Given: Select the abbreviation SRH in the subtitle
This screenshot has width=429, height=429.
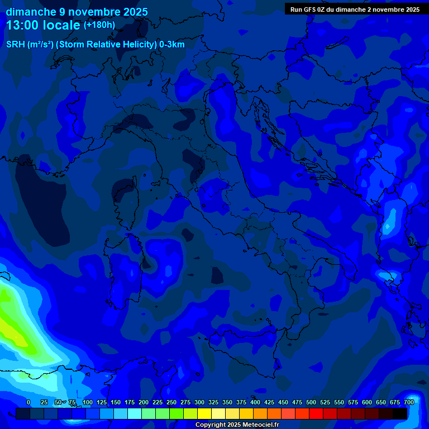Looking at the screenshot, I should [x=15, y=45].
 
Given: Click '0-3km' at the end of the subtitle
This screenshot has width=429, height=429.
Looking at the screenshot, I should [x=172, y=45].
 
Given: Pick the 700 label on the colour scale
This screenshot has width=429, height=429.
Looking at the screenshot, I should [x=409, y=402].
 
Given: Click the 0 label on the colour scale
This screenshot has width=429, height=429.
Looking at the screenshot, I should [x=28, y=402].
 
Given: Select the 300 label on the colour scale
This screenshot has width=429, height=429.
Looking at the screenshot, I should [x=199, y=402].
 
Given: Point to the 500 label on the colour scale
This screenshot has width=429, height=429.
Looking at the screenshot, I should [x=311, y=402].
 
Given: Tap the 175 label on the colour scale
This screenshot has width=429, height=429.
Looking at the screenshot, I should [x=130, y=402].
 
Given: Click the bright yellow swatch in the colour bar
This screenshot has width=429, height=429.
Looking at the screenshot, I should [x=204, y=413].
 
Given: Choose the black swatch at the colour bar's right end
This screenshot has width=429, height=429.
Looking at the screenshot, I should [x=400, y=413].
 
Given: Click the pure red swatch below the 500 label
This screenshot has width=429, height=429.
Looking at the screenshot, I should [x=316, y=413].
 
